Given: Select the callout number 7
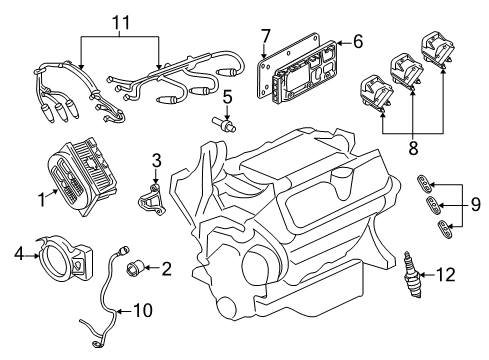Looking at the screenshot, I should (x=266, y=39).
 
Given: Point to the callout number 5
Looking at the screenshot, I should (x=227, y=97).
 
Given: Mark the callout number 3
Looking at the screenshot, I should (x=157, y=160).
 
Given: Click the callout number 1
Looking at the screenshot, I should (x=42, y=199).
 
